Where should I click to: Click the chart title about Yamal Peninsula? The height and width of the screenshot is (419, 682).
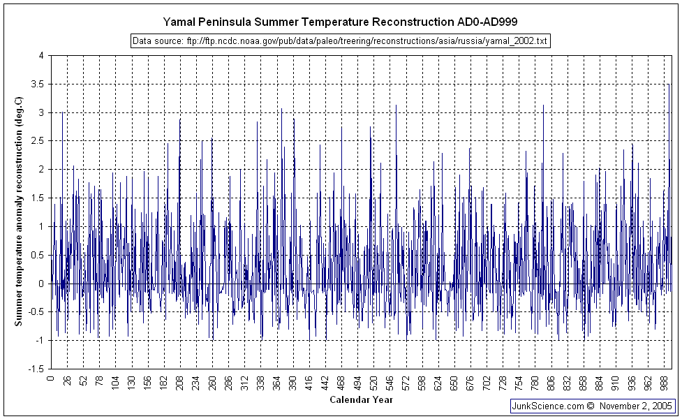pos(340,22)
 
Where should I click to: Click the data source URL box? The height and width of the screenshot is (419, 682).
pos(340,41)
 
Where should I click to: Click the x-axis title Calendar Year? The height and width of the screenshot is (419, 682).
pos(360,400)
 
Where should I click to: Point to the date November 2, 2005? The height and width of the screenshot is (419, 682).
pos(636,405)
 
